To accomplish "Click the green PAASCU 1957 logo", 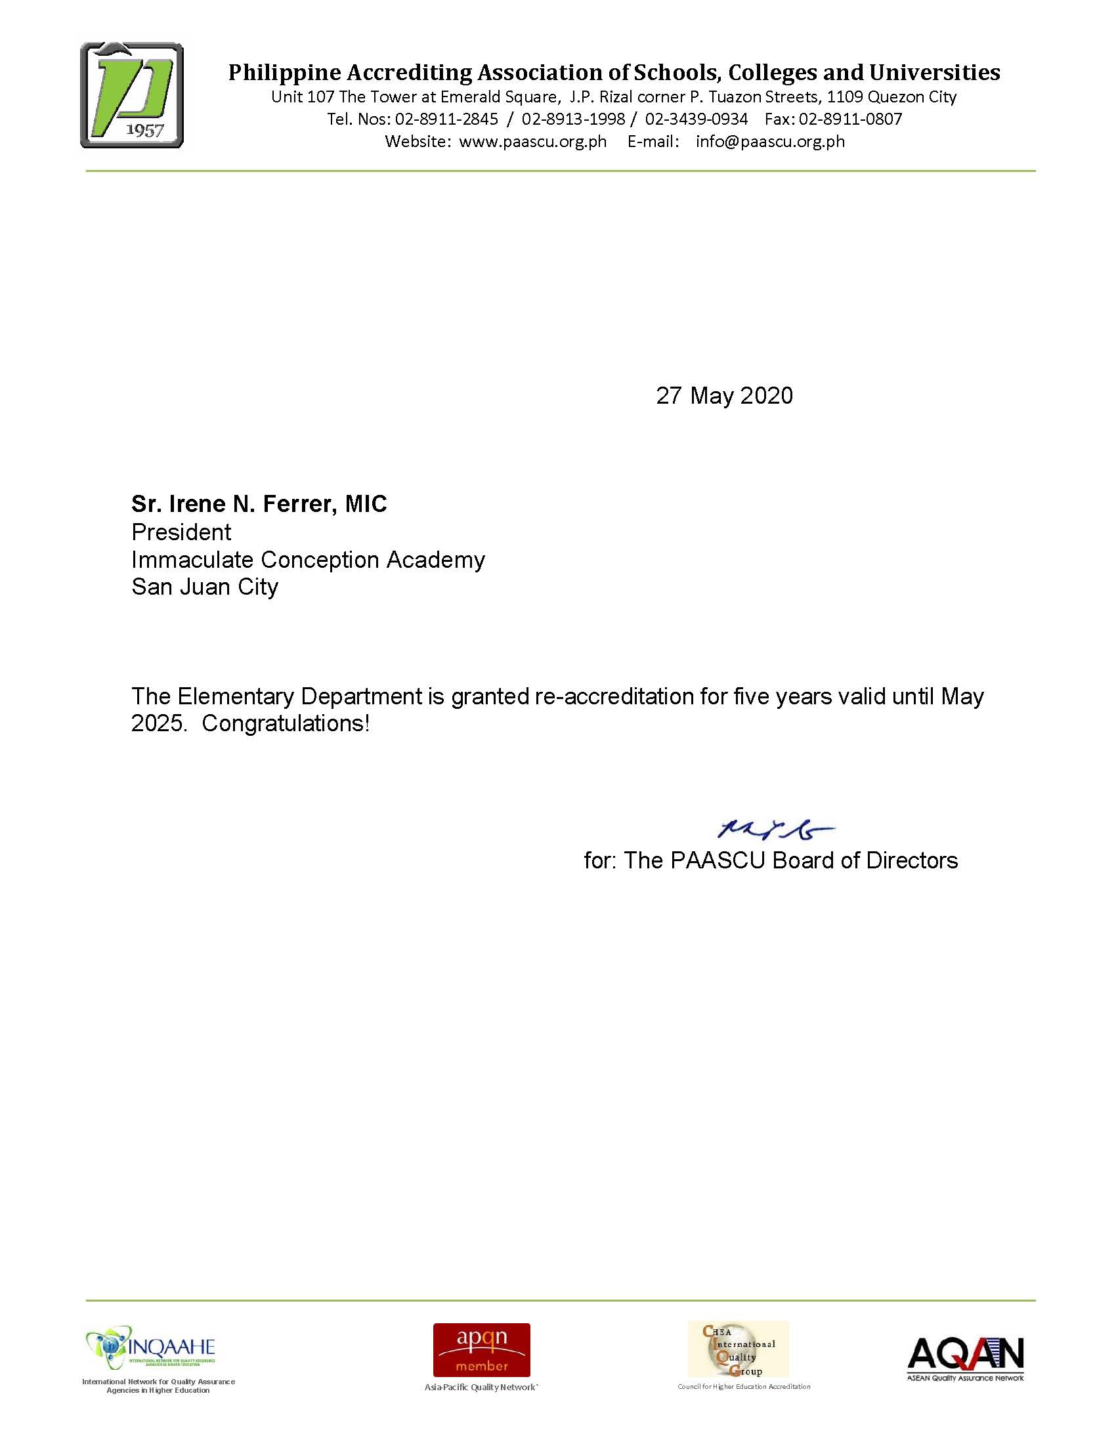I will point(131,95).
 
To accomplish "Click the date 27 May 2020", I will point(724,395).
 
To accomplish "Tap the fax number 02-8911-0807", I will point(850,119).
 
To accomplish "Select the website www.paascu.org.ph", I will point(532,142).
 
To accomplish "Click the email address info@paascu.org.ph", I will point(770,142).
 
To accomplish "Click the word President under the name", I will point(181,532).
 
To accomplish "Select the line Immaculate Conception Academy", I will point(308,560).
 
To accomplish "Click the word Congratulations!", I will point(286,723).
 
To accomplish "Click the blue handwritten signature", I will point(775,829).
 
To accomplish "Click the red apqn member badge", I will point(481,1349).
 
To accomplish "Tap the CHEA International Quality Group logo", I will point(738,1349).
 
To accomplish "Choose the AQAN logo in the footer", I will point(965,1355).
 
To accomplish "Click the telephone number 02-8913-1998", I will point(573,119).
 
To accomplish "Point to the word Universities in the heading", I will point(934,72).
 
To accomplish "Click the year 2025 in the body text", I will point(157,723).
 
